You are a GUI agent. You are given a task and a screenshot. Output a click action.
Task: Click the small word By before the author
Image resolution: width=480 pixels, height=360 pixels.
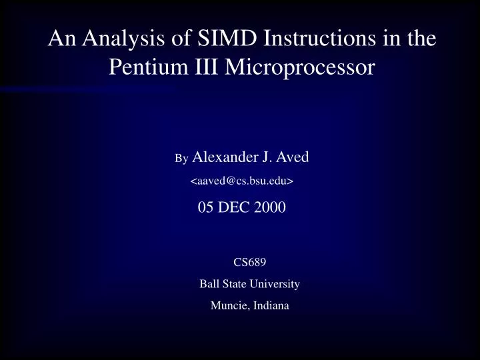click(181, 159)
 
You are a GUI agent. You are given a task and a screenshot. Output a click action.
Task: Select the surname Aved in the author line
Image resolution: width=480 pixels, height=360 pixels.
click(293, 158)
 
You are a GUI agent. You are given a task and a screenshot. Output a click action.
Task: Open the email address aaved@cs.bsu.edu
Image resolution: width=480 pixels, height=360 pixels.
click(243, 181)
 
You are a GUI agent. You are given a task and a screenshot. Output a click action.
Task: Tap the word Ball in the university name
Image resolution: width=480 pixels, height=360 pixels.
click(208, 284)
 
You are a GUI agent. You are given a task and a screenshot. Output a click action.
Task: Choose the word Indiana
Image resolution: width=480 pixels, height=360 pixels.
click(271, 306)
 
